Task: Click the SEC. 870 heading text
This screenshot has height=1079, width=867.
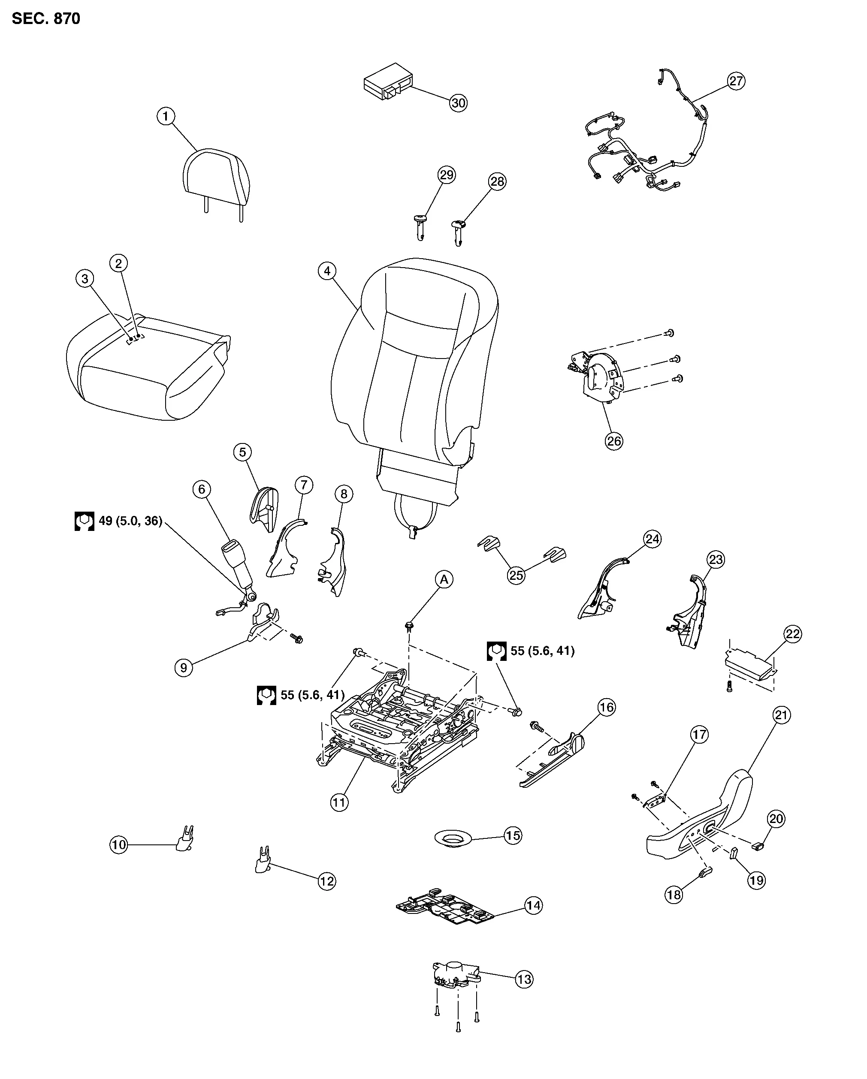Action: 46,18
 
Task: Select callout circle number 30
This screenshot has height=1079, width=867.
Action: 458,102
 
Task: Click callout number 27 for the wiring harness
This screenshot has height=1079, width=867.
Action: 736,81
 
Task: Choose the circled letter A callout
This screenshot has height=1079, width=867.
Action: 444,579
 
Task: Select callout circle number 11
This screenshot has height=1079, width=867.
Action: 339,803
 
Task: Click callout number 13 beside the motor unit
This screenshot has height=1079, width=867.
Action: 524,980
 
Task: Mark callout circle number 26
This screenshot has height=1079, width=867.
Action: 614,441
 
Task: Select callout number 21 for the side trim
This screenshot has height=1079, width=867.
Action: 781,715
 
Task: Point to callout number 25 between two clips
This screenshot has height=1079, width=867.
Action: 516,575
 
